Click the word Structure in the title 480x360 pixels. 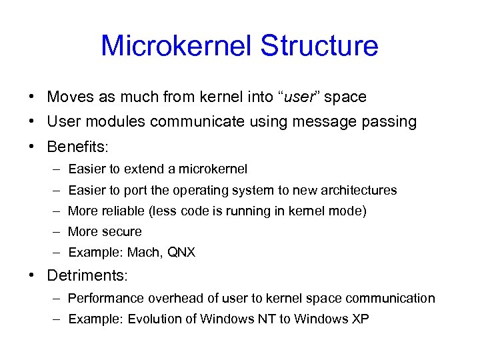tap(319, 46)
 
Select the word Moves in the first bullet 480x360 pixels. tap(69, 97)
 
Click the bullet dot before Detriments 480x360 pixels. tap(32, 275)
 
